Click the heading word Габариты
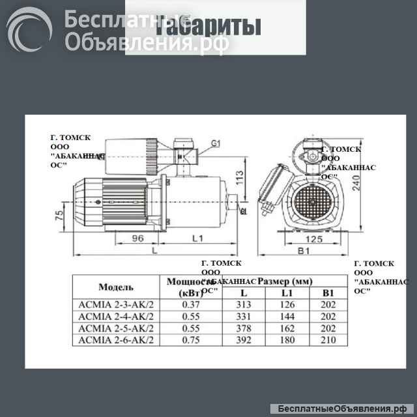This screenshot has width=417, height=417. tap(208, 27)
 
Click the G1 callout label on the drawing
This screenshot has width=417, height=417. tap(216, 143)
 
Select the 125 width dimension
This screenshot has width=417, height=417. tap(315, 239)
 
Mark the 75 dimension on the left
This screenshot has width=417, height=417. tap(59, 216)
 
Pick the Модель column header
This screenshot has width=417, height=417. tap(116, 287)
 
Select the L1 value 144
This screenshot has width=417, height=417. tap(286, 317)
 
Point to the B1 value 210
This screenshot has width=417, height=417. tap(328, 339)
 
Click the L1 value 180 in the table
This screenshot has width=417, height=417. tap(286, 339)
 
